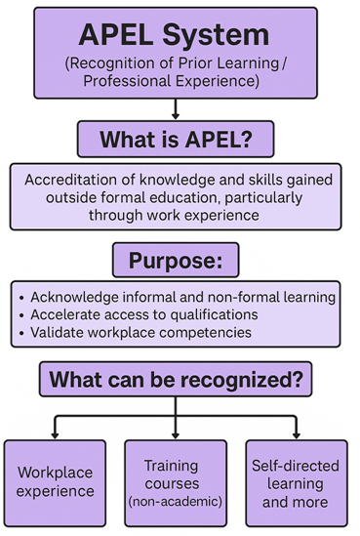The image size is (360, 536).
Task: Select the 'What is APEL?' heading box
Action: pos(177,139)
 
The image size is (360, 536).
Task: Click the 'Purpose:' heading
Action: pos(177,262)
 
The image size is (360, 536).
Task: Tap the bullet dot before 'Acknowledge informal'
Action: pos(22,297)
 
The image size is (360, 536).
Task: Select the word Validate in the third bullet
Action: pos(60,333)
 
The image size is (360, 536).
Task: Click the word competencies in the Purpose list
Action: pos(209,333)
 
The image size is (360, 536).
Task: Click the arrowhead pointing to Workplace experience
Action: pos(54,433)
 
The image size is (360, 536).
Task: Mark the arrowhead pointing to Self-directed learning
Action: pos(295,433)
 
